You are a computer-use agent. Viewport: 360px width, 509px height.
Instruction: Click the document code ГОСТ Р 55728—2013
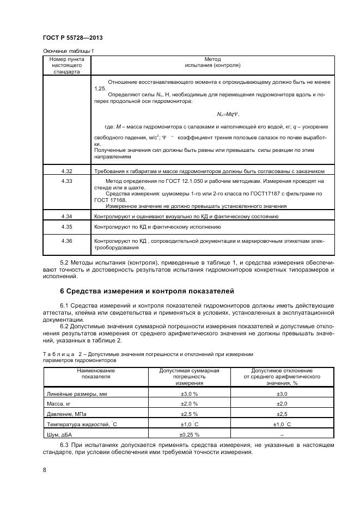pyautogui.click(x=72, y=38)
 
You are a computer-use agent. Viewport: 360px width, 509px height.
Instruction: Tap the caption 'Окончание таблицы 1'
pyautogui.click(x=68, y=51)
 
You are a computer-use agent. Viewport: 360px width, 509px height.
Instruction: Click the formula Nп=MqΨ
pyautogui.click(x=227, y=114)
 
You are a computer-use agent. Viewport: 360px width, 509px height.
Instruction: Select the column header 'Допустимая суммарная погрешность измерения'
pyautogui.click(x=189, y=376)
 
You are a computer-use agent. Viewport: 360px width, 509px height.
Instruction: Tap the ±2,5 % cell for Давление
pyautogui.click(x=189, y=414)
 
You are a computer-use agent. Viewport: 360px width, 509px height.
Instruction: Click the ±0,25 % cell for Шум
pyautogui.click(x=189, y=435)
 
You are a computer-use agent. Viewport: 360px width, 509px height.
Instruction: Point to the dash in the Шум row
pyautogui.click(x=282, y=435)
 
